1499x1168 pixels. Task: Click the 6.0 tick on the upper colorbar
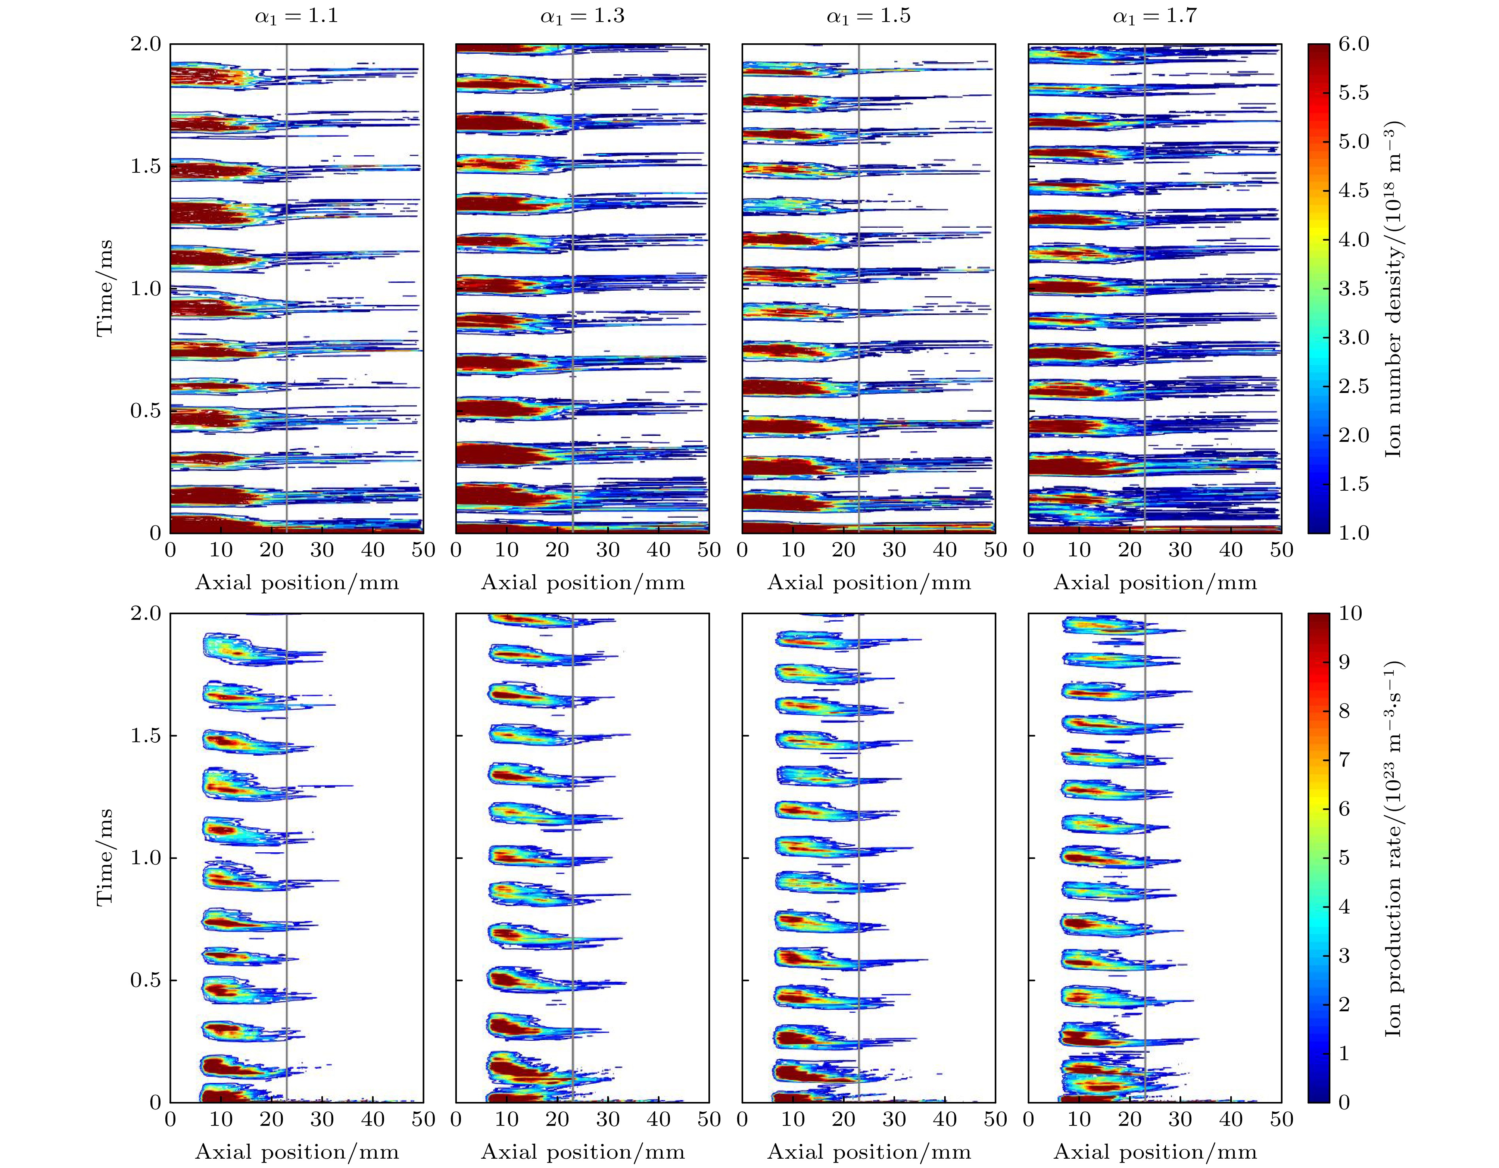pos(1353,44)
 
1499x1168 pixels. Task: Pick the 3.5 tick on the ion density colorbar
pos(1353,288)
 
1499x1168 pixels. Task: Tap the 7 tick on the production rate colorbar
pos(1344,760)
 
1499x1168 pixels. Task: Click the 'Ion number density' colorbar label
pos(1393,288)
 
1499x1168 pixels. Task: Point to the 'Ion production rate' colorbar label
pos(1393,858)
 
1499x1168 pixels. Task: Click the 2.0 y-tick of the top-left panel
pos(146,44)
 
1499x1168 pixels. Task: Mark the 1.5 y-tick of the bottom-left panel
pos(146,736)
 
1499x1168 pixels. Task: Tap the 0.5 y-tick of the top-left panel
pos(146,410)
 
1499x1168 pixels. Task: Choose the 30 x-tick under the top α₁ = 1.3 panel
pos(608,550)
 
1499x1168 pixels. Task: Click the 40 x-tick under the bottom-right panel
pos(1231,1120)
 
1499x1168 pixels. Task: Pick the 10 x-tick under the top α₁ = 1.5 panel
pos(793,550)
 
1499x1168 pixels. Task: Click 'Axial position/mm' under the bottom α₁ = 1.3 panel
pos(583,1152)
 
